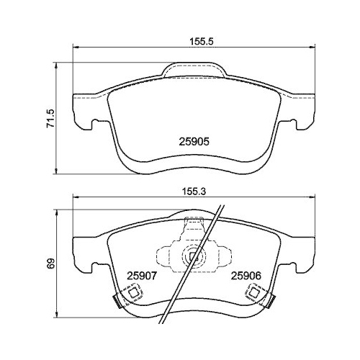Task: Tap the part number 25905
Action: [x=194, y=142]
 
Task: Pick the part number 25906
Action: [x=244, y=274]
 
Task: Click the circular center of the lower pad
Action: [x=193, y=256]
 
